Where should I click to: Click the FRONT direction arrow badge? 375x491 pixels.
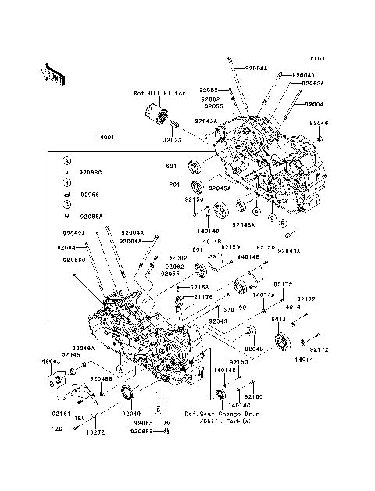click(47, 73)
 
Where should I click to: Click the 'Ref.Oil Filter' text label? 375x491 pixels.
click(159, 93)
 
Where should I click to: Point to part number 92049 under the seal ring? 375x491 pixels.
click(132, 413)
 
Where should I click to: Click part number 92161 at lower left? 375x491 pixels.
click(62, 412)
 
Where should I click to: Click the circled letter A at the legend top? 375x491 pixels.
click(68, 159)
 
